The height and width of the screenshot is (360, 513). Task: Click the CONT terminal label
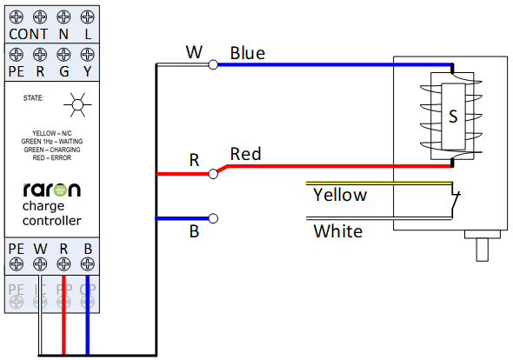[28, 34]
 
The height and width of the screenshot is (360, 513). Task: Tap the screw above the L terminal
[87, 17]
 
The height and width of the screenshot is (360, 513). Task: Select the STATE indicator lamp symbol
[77, 105]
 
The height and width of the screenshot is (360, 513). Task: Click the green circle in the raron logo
[60, 190]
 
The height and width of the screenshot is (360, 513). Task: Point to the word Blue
[247, 53]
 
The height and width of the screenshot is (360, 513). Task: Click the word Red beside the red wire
[245, 154]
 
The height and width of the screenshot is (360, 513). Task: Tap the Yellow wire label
[340, 196]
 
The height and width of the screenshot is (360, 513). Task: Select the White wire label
[338, 231]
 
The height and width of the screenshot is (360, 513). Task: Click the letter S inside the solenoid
[453, 117]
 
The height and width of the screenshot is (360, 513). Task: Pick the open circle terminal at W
[213, 65]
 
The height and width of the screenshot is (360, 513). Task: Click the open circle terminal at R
[213, 174]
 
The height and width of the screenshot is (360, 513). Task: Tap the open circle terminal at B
[213, 218]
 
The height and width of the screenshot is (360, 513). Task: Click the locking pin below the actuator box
[483, 250]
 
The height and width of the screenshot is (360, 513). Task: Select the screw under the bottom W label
[40, 263]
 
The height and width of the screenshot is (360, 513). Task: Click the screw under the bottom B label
[87, 263]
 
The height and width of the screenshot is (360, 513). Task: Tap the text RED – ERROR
[51, 157]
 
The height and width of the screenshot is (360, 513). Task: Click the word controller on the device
[51, 221]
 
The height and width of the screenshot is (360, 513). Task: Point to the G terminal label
[63, 71]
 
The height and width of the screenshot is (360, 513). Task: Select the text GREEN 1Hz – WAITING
[51, 142]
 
